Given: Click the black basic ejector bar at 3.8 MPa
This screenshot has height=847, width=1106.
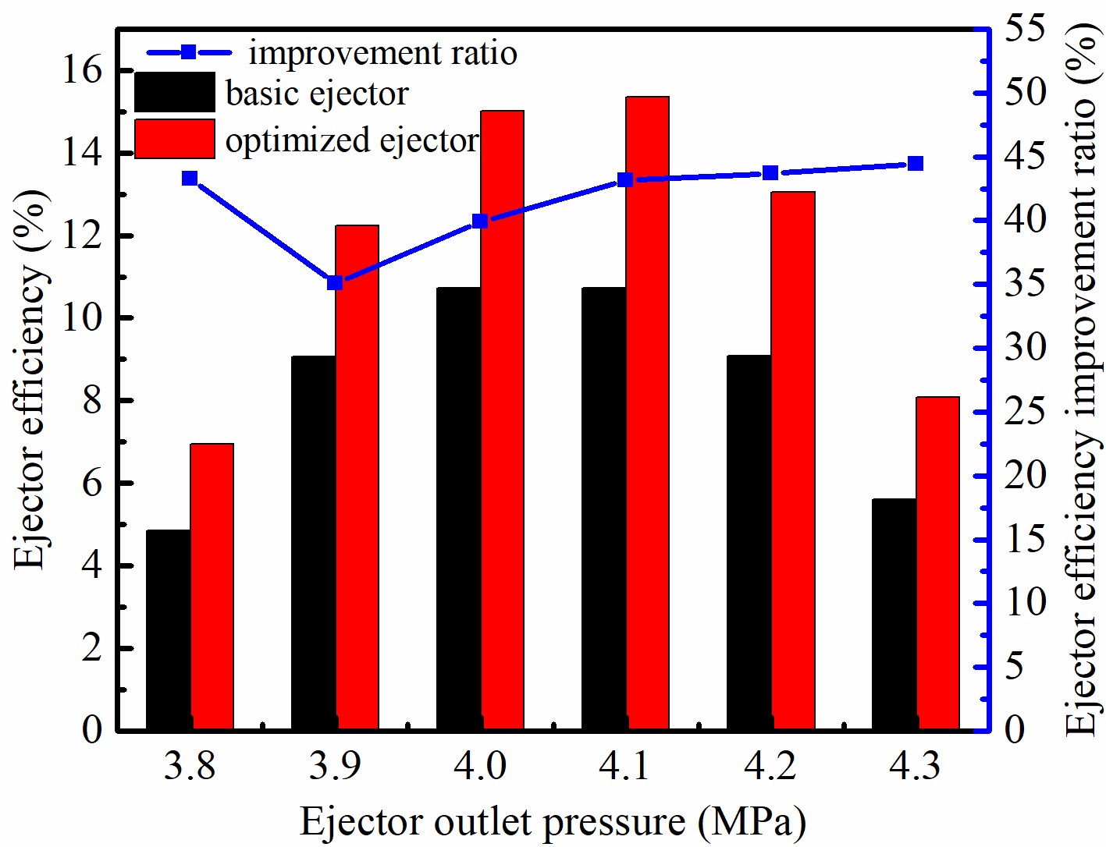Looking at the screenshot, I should click(168, 630).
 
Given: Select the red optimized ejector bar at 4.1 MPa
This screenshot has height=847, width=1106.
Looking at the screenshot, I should click(647, 413).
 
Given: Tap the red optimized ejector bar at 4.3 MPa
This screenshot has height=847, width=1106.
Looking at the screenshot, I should click(937, 563).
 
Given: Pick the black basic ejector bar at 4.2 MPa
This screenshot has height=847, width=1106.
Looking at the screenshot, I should click(749, 543).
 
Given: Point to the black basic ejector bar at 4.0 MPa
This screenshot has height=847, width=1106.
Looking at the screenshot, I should click(458, 509).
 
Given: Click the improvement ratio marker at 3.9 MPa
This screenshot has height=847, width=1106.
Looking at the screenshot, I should click(335, 282).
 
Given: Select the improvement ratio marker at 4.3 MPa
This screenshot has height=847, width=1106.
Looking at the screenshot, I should click(916, 164).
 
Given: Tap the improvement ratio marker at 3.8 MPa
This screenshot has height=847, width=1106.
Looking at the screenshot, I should click(190, 179).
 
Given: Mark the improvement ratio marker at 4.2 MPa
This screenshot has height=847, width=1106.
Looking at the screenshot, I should click(770, 173).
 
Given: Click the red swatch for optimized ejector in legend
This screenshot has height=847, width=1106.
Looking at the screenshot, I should click(174, 139).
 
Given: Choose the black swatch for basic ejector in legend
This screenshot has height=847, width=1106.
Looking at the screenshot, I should click(174, 92).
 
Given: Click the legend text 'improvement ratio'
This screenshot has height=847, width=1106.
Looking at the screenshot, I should click(382, 53).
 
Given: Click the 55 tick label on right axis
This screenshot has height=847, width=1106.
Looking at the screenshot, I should click(1025, 29).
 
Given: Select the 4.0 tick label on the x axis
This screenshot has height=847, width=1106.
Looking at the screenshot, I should click(479, 766).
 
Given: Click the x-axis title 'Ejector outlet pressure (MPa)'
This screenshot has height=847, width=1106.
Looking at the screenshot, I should click(553, 822).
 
